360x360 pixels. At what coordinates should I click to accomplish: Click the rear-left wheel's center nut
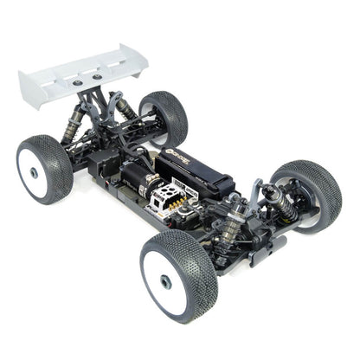[34, 172]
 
